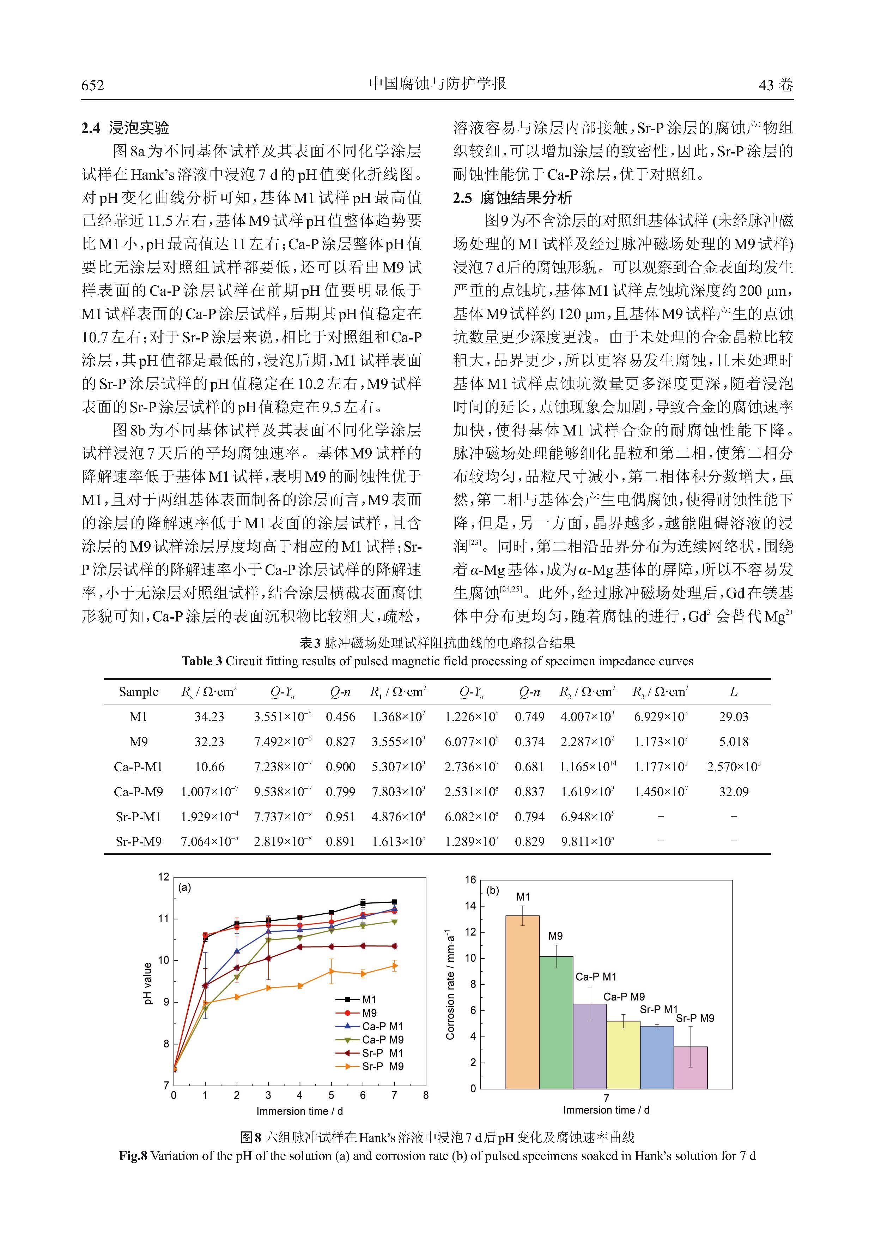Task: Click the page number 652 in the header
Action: click(93, 85)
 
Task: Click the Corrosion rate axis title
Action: click(450, 984)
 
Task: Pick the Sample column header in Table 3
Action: click(139, 692)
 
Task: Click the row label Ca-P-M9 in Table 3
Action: click(139, 792)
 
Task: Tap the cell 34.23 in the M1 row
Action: click(209, 717)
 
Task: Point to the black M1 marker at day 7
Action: click(394, 902)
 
